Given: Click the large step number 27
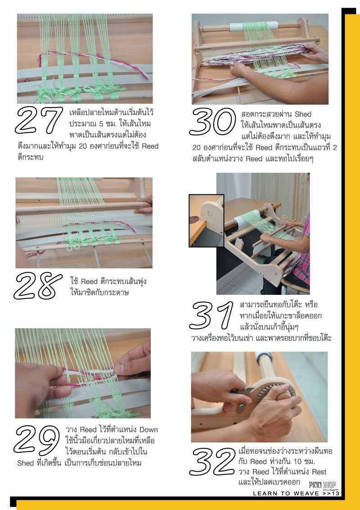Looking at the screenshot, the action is (39, 120).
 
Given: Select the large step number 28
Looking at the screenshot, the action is (38, 285).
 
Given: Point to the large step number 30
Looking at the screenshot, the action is (212, 122).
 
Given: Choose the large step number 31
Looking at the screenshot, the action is (211, 316).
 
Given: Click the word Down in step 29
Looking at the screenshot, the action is (148, 430).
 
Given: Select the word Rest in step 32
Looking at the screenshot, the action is (319, 472).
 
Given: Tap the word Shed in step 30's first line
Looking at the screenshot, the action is (303, 114).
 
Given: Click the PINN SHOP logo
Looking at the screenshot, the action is (323, 485).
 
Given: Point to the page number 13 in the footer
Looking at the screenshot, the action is (336, 493).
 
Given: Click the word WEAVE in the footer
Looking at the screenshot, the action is (306, 493).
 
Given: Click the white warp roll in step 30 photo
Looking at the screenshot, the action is (254, 27).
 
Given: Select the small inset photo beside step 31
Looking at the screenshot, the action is (206, 221).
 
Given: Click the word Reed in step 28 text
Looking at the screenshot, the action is (89, 281).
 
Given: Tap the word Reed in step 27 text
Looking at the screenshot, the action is (150, 146).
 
